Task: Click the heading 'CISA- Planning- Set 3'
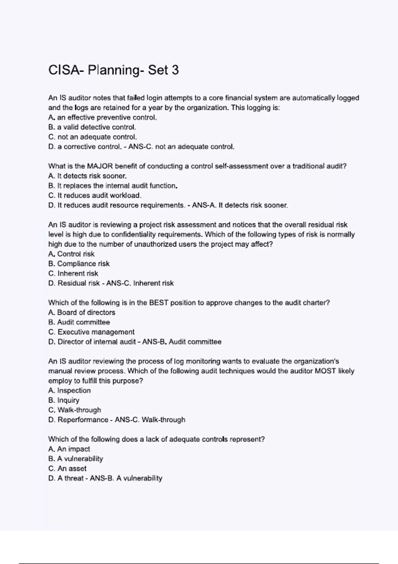(x=113, y=70)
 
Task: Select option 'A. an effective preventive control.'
(x=102, y=117)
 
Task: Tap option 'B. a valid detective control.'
(x=92, y=127)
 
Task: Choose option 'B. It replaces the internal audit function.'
(x=113, y=186)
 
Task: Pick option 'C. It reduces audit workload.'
(x=95, y=195)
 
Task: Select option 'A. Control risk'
(x=71, y=254)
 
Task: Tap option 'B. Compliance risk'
(x=79, y=264)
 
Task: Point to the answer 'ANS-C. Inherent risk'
(x=140, y=283)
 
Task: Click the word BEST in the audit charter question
(x=159, y=303)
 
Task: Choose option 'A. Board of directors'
(x=82, y=313)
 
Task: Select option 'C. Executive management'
(x=91, y=332)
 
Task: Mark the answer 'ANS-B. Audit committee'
(x=182, y=342)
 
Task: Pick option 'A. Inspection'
(x=69, y=390)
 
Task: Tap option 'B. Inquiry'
(x=64, y=400)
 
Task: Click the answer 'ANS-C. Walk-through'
(x=150, y=420)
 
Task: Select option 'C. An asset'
(x=67, y=468)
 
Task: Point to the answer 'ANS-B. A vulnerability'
(x=126, y=478)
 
